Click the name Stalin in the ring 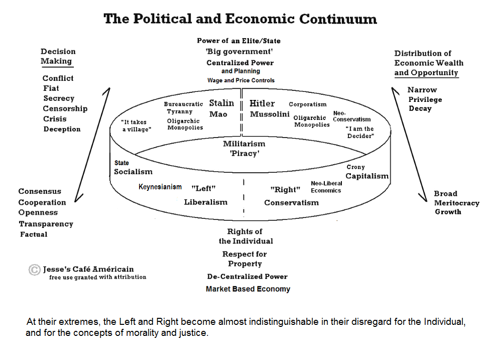[221, 103]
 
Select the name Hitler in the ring [262, 103]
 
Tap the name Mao [218, 114]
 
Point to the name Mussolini [270, 114]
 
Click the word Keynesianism [160, 187]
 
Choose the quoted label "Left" [203, 189]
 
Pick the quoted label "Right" [285, 189]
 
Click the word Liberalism [206, 202]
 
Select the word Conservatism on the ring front [292, 202]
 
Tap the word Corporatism [308, 104]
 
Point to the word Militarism [244, 144]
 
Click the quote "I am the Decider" [359, 133]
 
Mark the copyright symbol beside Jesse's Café [34, 270]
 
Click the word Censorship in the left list [65, 108]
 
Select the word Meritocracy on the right [457, 203]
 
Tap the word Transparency [46, 224]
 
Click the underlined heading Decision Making [58, 56]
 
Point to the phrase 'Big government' [239, 52]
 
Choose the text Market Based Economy [248, 289]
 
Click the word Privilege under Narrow [425, 99]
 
